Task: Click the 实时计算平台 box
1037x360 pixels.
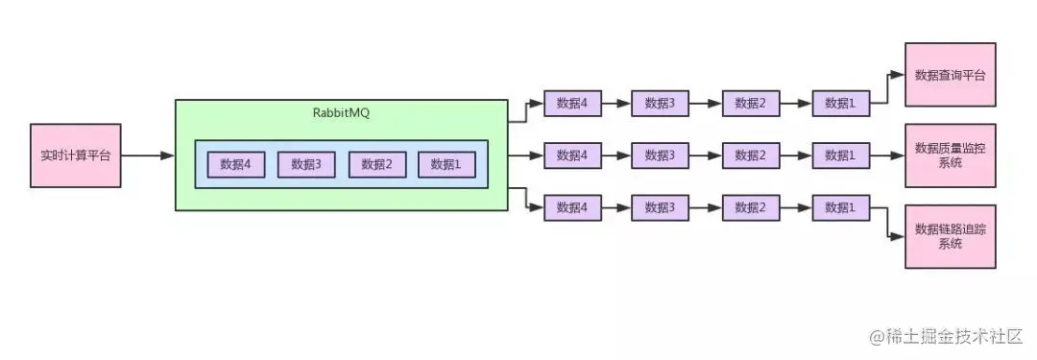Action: [76, 155]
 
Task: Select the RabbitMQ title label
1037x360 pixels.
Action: [340, 113]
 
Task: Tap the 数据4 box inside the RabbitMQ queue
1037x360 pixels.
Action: [235, 164]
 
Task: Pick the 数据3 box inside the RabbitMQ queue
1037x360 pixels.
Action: [305, 164]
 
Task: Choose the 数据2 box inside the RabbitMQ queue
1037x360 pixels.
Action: [376, 164]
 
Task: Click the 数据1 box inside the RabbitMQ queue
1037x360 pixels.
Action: [446, 164]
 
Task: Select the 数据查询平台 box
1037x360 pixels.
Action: [950, 75]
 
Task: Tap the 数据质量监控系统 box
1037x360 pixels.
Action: [950, 155]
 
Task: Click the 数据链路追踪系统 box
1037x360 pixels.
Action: [950, 236]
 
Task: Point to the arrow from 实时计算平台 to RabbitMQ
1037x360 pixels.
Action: [148, 155]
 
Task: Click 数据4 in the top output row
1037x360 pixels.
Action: [572, 104]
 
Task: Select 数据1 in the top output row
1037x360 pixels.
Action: [841, 104]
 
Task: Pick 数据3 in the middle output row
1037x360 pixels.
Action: [660, 155]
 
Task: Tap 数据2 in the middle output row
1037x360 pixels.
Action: [751, 155]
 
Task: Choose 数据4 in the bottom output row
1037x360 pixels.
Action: [572, 206]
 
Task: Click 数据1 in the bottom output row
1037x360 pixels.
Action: [841, 206]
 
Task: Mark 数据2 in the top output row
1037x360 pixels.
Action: [751, 104]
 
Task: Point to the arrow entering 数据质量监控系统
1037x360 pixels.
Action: [887, 155]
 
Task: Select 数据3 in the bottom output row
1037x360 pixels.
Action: [660, 206]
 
